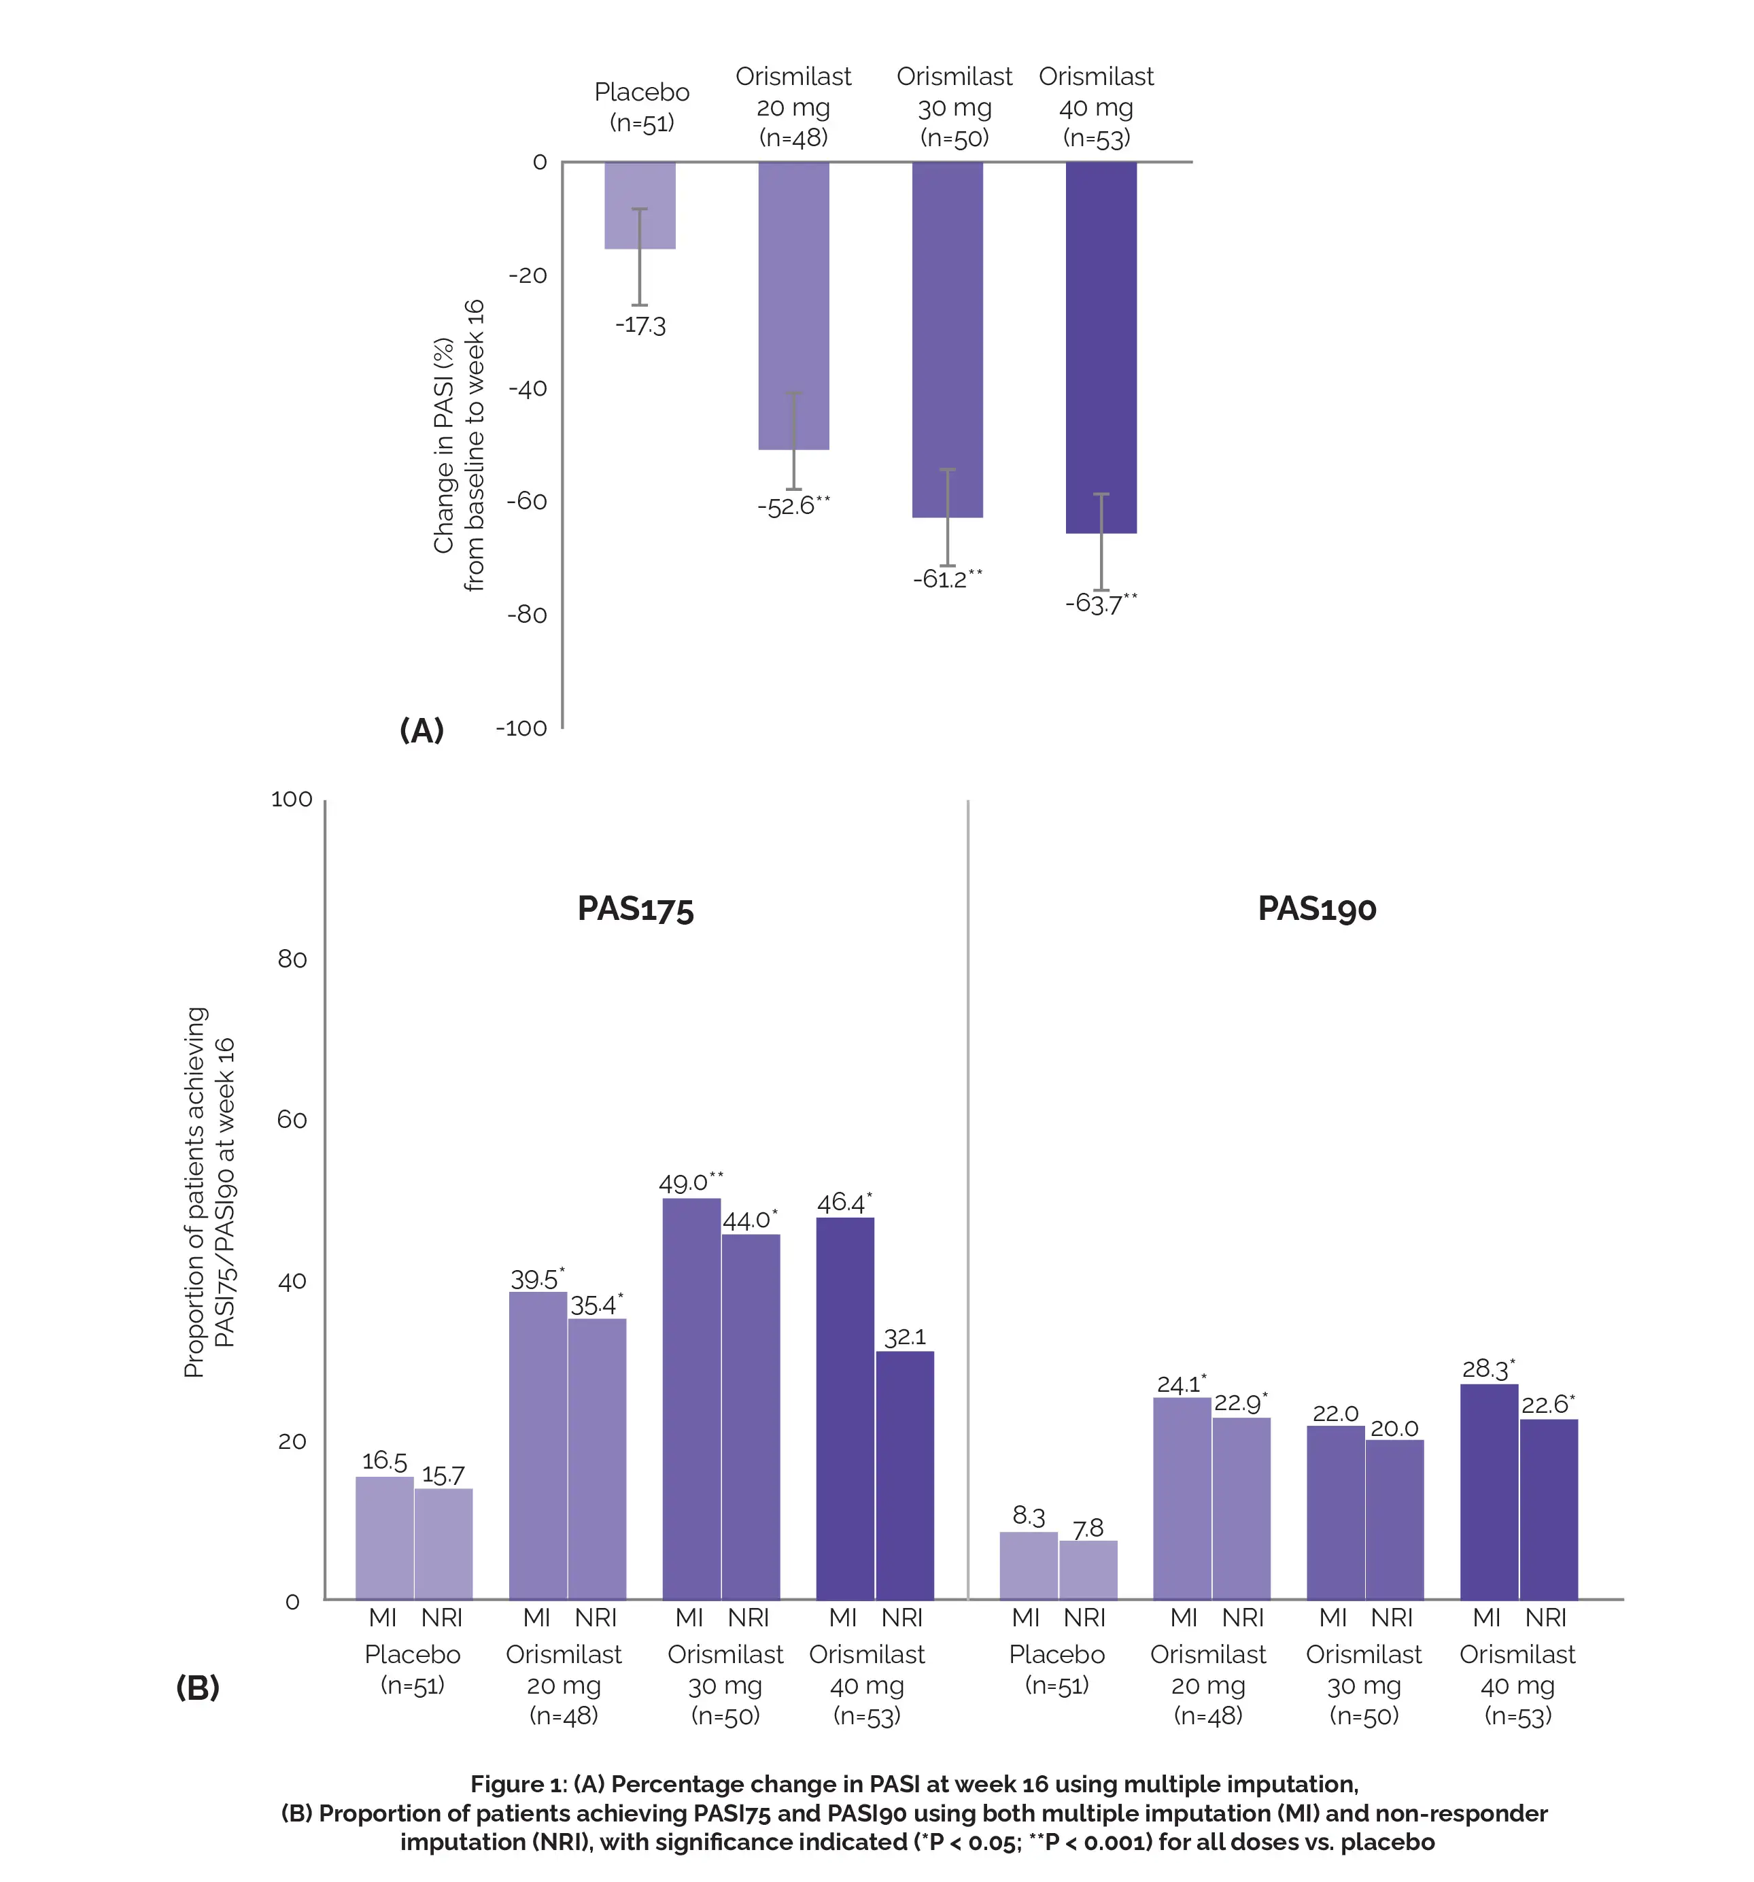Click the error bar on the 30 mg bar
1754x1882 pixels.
click(948, 517)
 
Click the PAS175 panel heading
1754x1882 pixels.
click(635, 909)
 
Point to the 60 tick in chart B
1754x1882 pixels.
click(292, 1120)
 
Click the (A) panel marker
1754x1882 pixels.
click(422, 730)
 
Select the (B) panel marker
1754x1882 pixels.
click(198, 1686)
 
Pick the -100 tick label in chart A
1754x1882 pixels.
click(521, 728)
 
